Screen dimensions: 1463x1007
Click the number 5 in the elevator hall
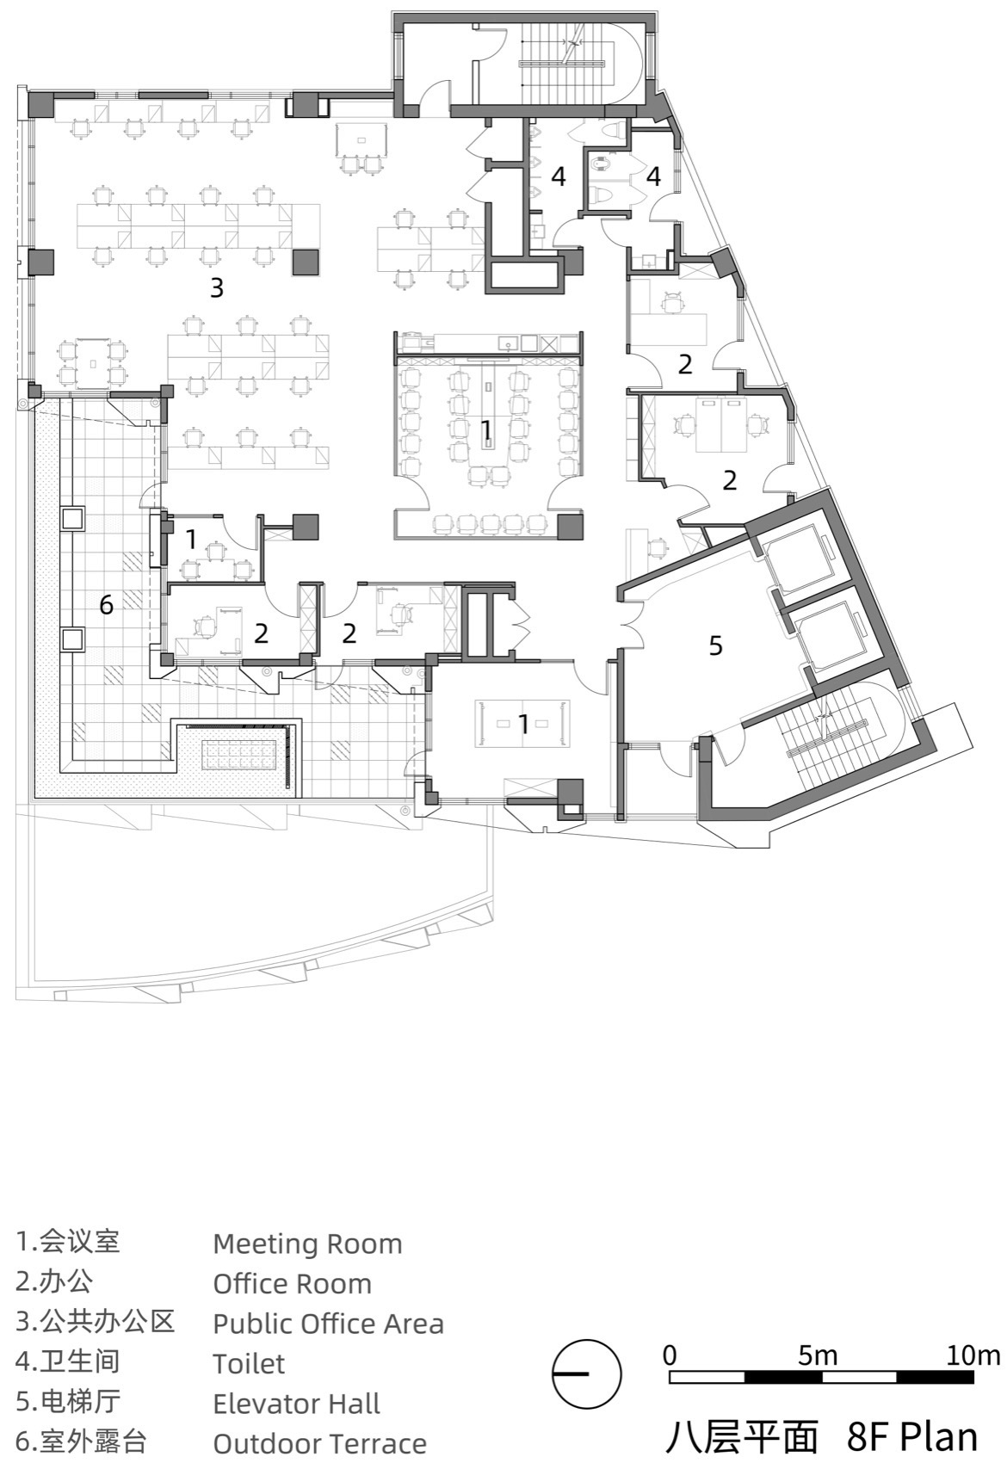point(715,645)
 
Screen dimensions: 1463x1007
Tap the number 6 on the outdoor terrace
point(106,605)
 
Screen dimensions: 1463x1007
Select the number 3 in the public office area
point(217,287)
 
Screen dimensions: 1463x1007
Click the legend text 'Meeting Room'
point(307,1244)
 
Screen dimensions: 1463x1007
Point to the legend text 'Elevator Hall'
point(296,1404)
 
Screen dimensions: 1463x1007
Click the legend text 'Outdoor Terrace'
point(319,1443)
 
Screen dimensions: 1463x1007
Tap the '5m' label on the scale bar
point(817,1356)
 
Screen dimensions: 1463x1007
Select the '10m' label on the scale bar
point(973,1356)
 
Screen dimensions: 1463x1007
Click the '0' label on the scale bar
point(670,1356)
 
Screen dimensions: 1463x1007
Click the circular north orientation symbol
point(586,1374)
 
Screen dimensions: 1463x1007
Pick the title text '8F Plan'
point(912,1435)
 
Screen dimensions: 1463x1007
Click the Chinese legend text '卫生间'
point(79,1361)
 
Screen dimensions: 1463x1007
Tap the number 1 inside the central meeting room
point(486,428)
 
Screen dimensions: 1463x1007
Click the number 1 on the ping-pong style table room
point(523,725)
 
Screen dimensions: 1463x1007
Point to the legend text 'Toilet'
point(249,1364)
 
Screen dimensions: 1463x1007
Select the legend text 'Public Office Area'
point(328,1324)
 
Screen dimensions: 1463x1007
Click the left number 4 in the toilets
point(559,177)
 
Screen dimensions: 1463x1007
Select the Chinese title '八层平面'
point(741,1435)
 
